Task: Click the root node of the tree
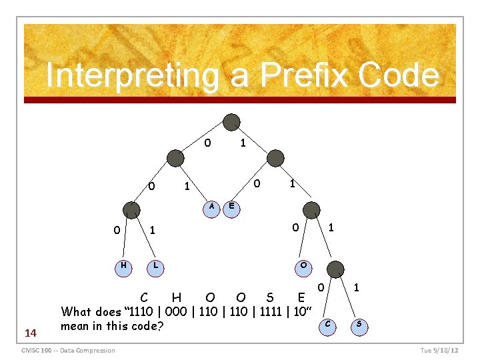click(231, 122)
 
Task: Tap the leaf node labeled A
click(212, 207)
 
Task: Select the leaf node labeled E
click(231, 207)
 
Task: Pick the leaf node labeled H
click(123, 266)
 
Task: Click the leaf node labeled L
click(155, 266)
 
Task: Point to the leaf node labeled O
click(303, 266)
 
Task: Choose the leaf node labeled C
click(327, 325)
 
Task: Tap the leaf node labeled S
click(359, 325)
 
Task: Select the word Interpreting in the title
click(132, 75)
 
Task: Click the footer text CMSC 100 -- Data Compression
click(68, 351)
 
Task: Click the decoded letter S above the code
click(269, 296)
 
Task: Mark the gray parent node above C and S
click(337, 269)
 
